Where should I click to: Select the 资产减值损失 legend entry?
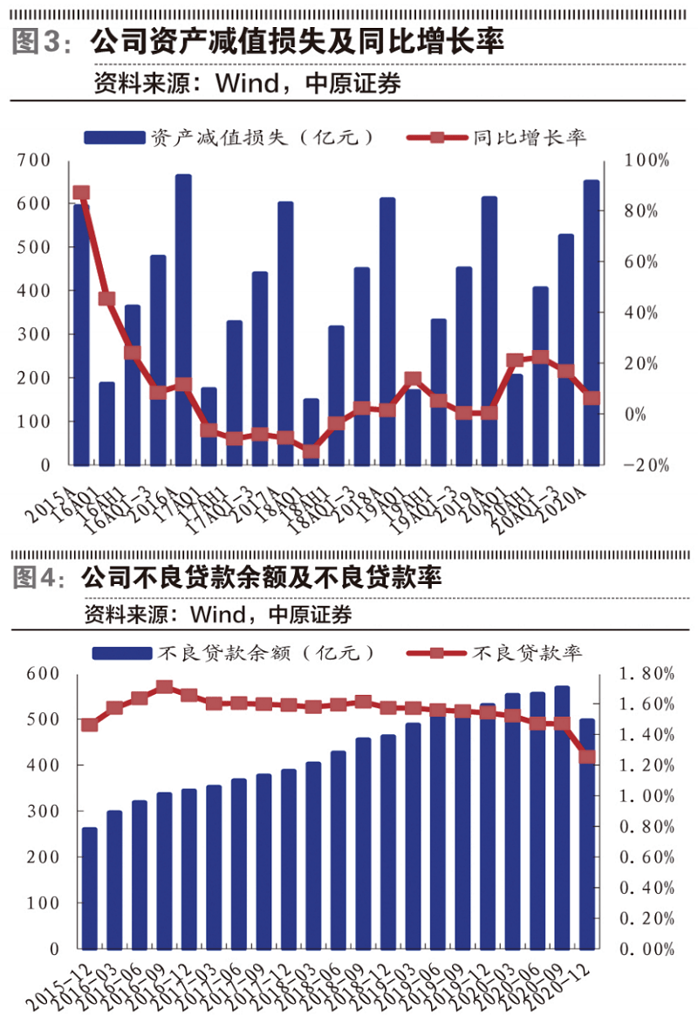click(x=230, y=137)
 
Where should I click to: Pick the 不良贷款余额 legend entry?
click(x=236, y=652)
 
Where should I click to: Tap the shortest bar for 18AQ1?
click(x=311, y=431)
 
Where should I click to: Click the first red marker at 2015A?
click(x=81, y=194)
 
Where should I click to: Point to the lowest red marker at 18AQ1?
click(x=311, y=451)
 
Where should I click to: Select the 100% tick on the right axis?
click(x=647, y=161)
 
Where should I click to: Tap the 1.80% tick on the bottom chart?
click(x=646, y=674)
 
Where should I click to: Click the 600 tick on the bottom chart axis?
click(x=43, y=674)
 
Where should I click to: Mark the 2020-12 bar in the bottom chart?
click(x=587, y=834)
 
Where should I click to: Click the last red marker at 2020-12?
click(x=587, y=758)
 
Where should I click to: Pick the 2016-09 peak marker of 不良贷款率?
click(x=164, y=688)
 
